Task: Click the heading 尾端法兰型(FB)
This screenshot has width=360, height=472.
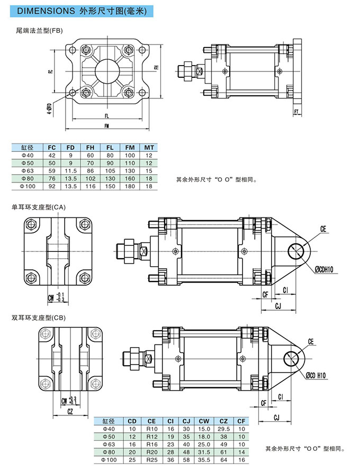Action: [x=40, y=31]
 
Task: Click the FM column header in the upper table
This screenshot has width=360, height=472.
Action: [x=130, y=147]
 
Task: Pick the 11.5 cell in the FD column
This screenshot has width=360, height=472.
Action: [x=70, y=171]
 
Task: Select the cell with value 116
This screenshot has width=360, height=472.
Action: [x=91, y=186]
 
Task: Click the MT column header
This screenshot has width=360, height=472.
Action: [x=149, y=147]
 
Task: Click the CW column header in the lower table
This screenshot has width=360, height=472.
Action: [x=205, y=421]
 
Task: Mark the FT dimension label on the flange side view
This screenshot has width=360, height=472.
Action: [x=297, y=111]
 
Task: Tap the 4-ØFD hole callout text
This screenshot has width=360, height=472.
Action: [x=49, y=109]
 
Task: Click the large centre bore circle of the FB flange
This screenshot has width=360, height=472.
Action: [x=106, y=71]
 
